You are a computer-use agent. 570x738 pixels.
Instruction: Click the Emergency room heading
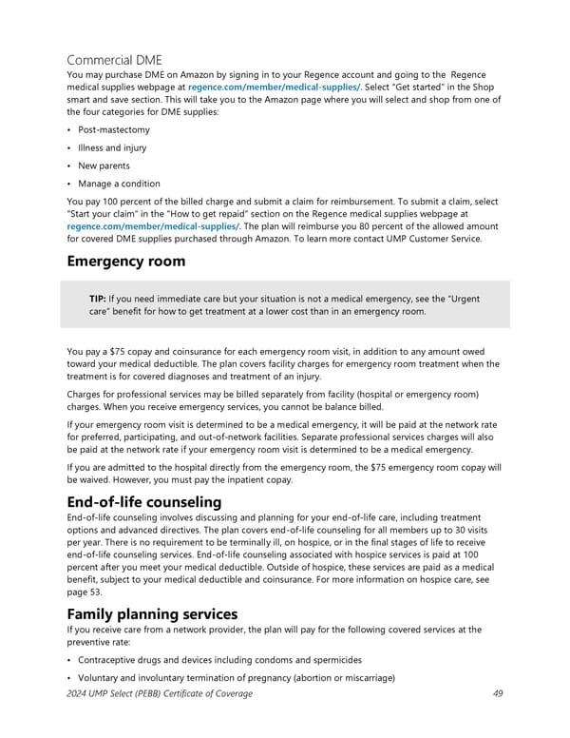(133, 262)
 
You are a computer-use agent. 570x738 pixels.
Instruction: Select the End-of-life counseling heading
(144, 502)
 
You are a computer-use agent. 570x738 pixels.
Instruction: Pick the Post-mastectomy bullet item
(113, 128)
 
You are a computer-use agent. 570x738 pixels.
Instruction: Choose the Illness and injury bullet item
(112, 146)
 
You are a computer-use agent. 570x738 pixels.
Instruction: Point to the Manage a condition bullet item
(119, 184)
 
